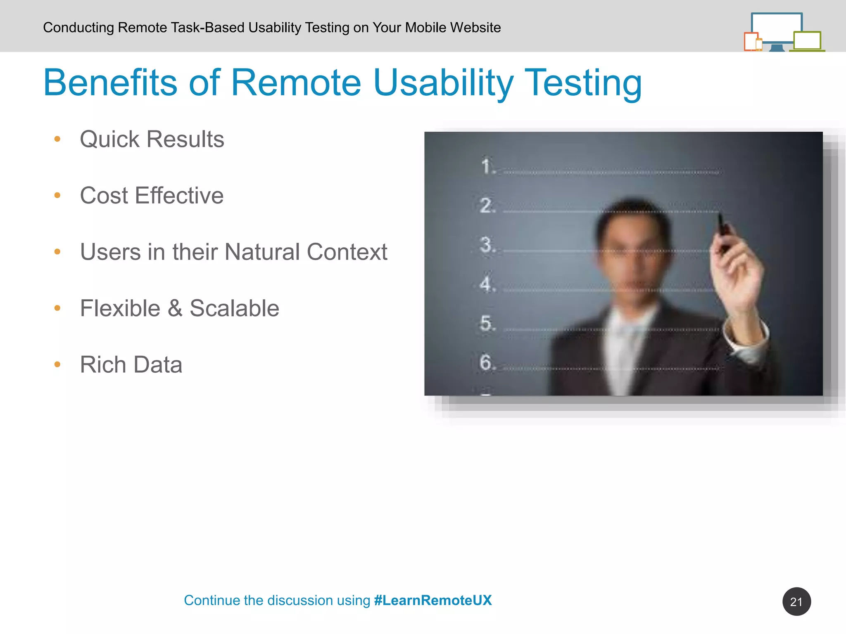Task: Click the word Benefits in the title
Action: tap(110, 83)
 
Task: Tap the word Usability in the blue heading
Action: tap(443, 83)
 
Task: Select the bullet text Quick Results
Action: tap(152, 139)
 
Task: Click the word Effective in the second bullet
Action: tap(179, 195)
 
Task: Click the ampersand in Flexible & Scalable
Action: tap(175, 308)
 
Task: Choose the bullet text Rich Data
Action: tap(131, 364)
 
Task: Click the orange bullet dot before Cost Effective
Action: tap(57, 195)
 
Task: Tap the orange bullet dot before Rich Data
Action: tap(57, 364)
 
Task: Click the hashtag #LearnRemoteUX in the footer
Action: tap(433, 600)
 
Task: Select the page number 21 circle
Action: tap(796, 601)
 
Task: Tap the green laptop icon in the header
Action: tap(807, 41)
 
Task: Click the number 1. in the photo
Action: tap(488, 166)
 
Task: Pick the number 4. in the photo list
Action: tap(487, 284)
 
